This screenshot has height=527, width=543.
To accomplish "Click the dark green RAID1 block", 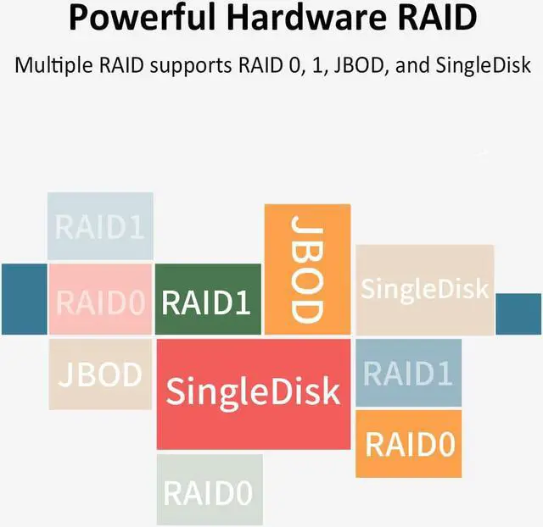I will point(207,300).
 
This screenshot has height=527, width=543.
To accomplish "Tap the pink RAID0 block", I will point(100,300).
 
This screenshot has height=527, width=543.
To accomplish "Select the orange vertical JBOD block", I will point(307,268).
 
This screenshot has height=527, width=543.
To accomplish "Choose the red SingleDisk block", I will point(253,393).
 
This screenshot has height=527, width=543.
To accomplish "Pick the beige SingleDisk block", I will point(424,289).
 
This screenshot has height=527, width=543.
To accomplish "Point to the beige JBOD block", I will point(100,374).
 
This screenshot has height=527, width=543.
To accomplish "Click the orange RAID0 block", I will point(409,443).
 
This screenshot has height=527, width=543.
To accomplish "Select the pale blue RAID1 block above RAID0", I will point(99,225).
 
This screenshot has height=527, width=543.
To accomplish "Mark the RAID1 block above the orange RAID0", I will point(409,373).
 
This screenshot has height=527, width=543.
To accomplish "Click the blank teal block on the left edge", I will point(24,299).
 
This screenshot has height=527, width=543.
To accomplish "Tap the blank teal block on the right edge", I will point(518,313).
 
